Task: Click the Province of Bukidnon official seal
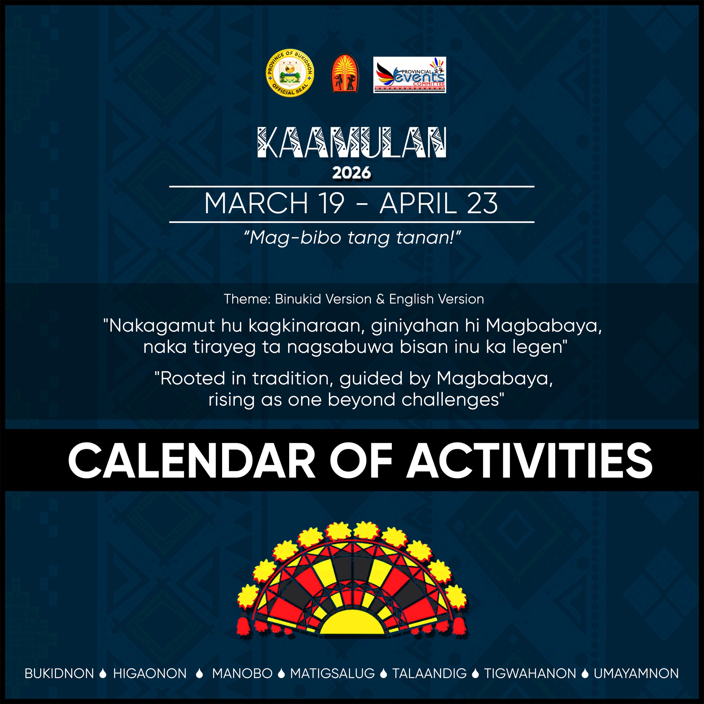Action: (290, 73)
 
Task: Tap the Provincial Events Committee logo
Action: (409, 75)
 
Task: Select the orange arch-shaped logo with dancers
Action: (344, 73)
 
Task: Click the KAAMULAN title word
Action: (352, 143)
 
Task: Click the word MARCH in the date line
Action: (256, 204)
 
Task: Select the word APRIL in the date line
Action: (418, 204)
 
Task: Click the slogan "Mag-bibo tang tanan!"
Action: (352, 238)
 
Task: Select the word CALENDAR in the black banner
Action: (192, 460)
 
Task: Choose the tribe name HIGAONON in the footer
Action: (150, 673)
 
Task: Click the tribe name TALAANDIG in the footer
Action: (429, 673)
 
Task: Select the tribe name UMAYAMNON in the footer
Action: (636, 673)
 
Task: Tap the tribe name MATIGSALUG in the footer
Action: (332, 673)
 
